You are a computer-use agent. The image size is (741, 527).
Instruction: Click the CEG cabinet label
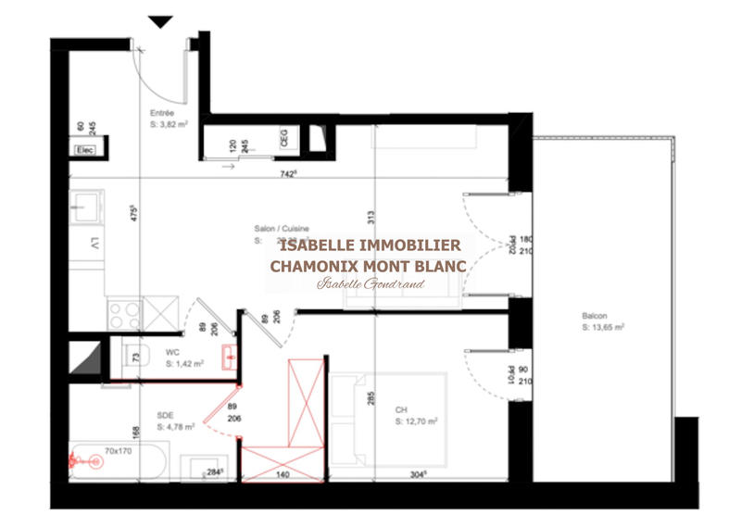pyautogui.click(x=284, y=139)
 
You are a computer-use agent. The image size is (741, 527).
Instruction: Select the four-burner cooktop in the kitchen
pyautogui.click(x=124, y=312)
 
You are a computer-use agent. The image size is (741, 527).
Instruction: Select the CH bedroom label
pyautogui.click(x=402, y=410)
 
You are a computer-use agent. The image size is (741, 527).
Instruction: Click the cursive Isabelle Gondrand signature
pyautogui.click(x=370, y=284)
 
